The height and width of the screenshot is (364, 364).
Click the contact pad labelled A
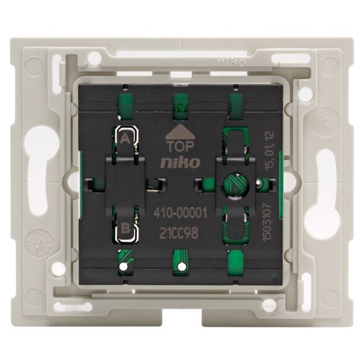coord(126,139)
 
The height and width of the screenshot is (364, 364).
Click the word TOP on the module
coord(177,146)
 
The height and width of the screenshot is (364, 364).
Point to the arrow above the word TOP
coord(177,131)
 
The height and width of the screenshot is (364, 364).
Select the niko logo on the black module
coord(177,163)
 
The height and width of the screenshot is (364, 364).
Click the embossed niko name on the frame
coord(232,61)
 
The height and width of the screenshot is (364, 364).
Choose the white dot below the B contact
coord(123,266)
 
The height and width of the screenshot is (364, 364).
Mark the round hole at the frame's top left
coord(93,58)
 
